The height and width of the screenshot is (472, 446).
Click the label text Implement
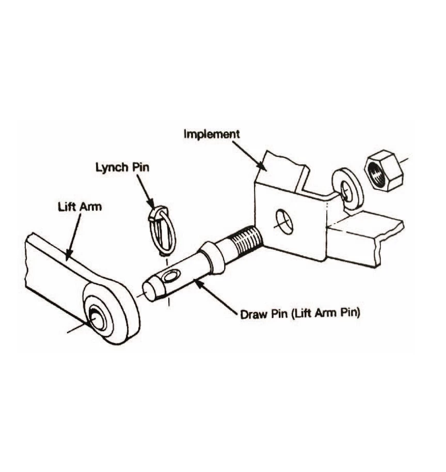click(x=212, y=134)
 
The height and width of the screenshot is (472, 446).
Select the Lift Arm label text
click(x=79, y=207)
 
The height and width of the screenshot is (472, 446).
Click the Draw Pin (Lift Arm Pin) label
click(x=300, y=313)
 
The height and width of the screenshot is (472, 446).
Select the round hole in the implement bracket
click(x=283, y=222)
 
